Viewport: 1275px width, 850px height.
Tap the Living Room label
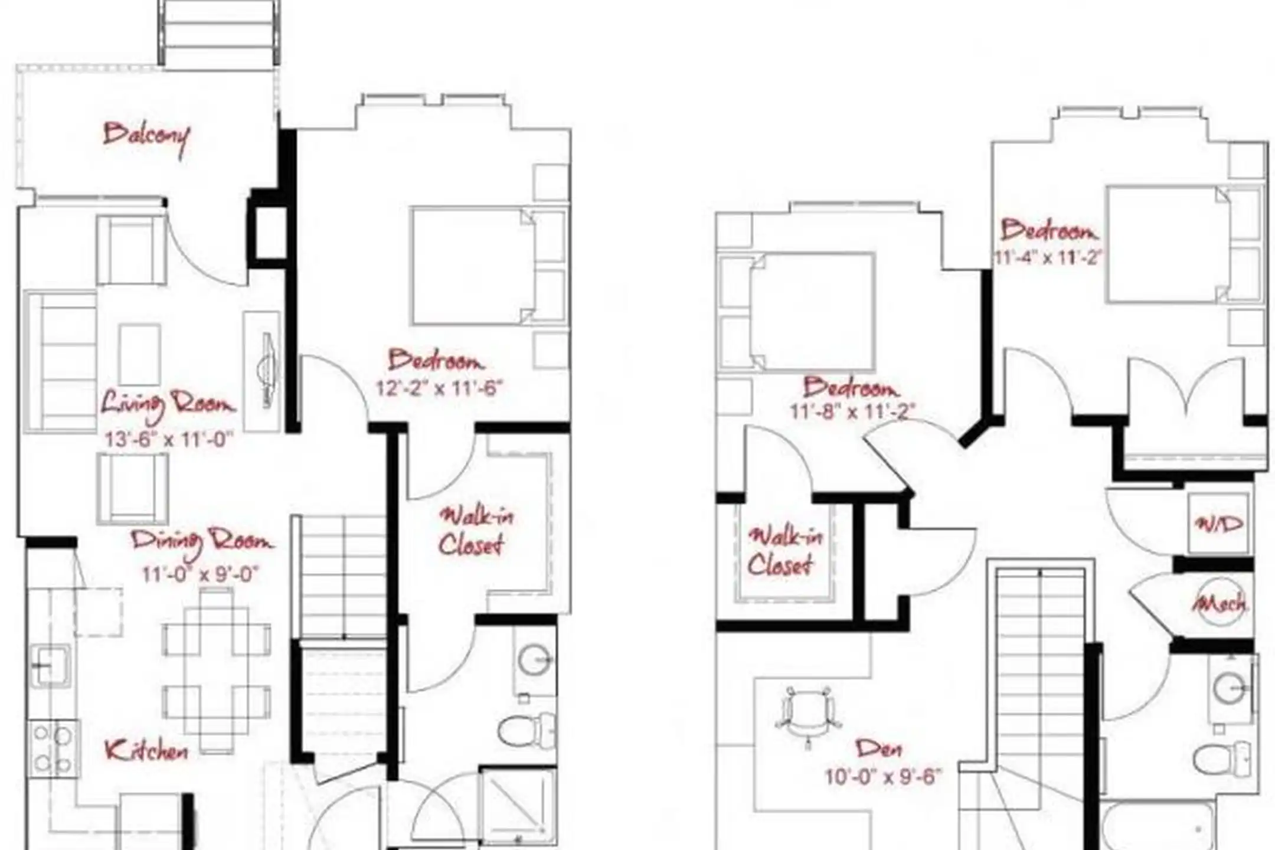pos(168,406)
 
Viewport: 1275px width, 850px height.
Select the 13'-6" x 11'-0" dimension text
pos(169,440)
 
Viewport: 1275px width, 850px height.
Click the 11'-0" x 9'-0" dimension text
pos(201,574)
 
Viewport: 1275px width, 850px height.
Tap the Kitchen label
pos(146,751)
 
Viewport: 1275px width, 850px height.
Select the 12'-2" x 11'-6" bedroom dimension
pos(439,388)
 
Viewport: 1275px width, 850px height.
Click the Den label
pos(880,749)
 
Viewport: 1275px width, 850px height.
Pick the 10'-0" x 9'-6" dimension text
pos(883,777)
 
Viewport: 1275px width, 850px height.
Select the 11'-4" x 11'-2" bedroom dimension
pos(1048,258)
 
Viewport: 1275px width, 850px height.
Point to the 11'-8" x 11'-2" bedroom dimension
pos(852,411)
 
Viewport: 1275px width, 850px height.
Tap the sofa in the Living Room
pos(61,362)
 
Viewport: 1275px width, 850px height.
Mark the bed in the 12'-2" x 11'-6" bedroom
pos(473,266)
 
